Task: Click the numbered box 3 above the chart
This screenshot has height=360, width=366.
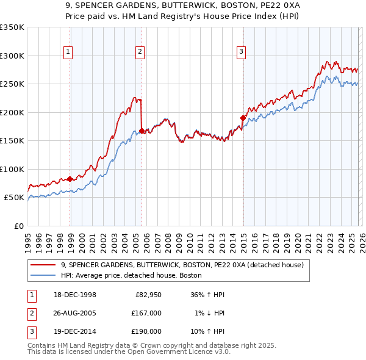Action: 241,52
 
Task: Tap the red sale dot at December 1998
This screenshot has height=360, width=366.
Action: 70,179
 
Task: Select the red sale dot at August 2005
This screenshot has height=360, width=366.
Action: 142,131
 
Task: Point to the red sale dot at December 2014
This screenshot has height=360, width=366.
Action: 243,118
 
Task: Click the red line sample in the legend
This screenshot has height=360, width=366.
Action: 43,265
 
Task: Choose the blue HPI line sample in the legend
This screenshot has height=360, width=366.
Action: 43,275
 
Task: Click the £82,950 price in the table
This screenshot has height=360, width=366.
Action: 148,295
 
